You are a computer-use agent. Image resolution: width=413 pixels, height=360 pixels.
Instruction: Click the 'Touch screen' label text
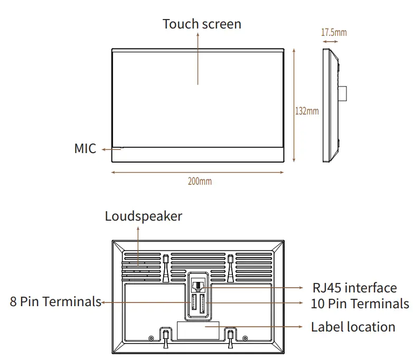tap(202, 24)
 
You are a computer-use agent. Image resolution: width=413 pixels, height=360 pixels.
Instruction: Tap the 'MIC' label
tap(85, 149)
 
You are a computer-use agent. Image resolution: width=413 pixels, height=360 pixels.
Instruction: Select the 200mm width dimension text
tap(200, 181)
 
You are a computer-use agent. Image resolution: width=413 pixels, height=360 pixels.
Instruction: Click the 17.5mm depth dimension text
tap(334, 33)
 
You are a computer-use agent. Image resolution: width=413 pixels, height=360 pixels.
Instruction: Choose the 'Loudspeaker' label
tap(143, 216)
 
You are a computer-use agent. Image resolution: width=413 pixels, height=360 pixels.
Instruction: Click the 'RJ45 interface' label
tap(354, 288)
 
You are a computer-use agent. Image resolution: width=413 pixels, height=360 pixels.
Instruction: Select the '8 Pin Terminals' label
tap(55, 301)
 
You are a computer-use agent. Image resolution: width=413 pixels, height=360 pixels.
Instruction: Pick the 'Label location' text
tap(353, 327)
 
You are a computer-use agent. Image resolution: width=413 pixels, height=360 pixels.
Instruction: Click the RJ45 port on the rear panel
tap(198, 285)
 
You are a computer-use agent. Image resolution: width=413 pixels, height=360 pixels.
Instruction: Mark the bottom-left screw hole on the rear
tap(152, 338)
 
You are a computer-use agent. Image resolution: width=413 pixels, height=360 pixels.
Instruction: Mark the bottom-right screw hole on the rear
tap(244, 338)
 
